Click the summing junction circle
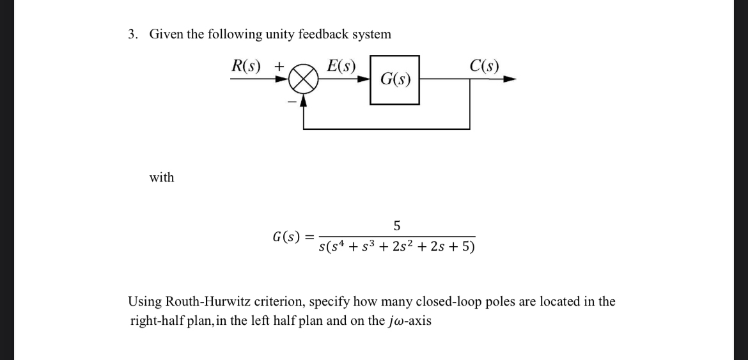(x=303, y=81)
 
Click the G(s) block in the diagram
(x=395, y=80)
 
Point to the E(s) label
(x=341, y=65)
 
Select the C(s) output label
(x=484, y=65)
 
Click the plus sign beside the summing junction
(x=279, y=67)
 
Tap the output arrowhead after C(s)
(x=509, y=80)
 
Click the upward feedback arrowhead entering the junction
(x=304, y=98)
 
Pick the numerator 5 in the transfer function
(x=397, y=226)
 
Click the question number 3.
(x=132, y=35)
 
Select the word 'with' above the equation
(x=162, y=177)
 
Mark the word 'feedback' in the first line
(x=329, y=35)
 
